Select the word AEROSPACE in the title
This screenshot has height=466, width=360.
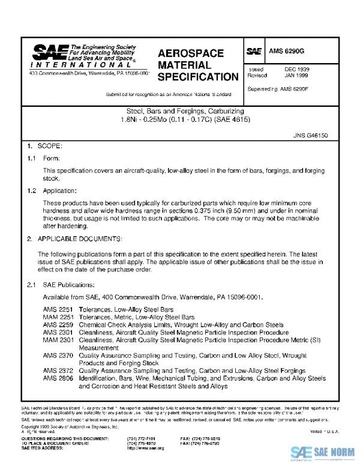[190, 53]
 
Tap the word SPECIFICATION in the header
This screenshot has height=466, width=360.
[198, 77]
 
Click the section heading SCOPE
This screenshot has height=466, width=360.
[49, 146]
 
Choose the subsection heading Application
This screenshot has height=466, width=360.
[61, 190]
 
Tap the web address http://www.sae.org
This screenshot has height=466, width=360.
[145, 449]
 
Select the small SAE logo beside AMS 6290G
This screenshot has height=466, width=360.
[254, 52]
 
